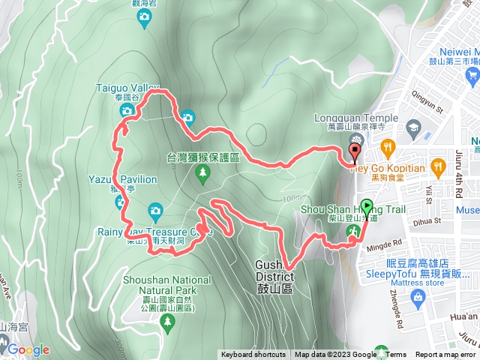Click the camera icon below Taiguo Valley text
tap(127, 110)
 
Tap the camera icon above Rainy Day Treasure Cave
tap(155, 209)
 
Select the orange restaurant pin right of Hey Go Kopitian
tap(439, 166)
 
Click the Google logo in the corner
tap(28, 349)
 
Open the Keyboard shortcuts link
tap(253, 355)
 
